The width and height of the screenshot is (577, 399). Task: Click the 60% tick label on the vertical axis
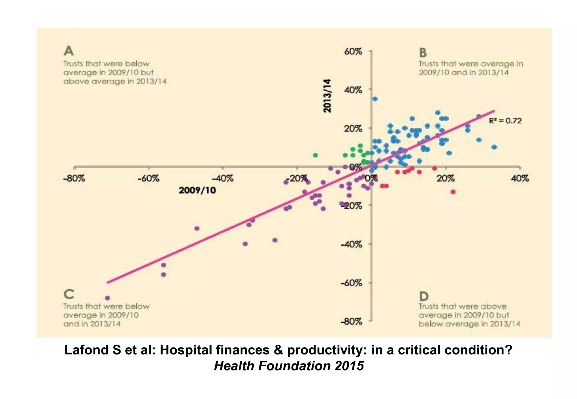353,52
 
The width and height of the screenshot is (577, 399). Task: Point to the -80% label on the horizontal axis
74,179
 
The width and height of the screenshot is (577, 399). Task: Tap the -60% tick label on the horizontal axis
148,179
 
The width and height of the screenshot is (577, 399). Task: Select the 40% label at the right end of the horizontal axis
520,179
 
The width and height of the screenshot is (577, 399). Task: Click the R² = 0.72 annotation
505,121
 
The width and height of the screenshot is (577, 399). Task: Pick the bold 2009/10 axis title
197,190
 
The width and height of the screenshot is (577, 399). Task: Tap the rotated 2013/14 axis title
327,96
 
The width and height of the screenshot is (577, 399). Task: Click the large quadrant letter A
69,51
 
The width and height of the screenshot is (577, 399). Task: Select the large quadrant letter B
423,53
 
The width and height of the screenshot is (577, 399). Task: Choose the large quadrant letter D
424,296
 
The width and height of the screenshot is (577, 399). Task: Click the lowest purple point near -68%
107,298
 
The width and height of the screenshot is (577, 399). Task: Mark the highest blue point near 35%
375,99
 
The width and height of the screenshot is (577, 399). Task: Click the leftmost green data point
316,155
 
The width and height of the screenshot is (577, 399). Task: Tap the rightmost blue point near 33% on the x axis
494,147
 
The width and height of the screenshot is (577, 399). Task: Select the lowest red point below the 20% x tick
453,192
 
